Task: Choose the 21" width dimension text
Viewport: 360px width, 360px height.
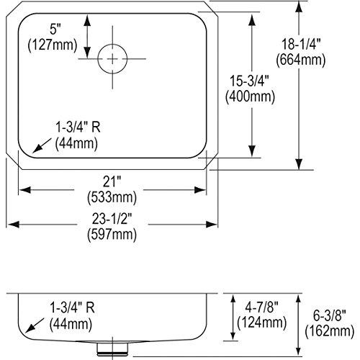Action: click(111, 181)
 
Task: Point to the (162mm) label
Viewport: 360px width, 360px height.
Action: click(332, 330)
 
